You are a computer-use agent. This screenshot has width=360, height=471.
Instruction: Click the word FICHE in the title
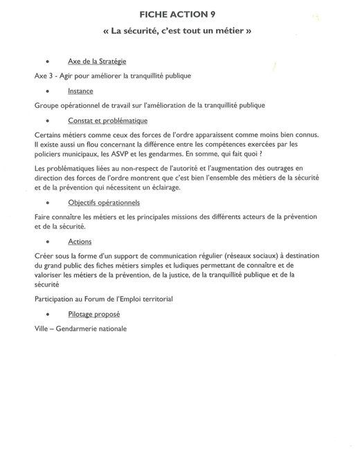point(156,14)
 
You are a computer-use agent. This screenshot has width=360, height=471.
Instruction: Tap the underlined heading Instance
point(80,91)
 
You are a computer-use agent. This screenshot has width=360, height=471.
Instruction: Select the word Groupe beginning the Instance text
point(48,105)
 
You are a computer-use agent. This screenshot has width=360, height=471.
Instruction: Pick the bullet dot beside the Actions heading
point(46,242)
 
